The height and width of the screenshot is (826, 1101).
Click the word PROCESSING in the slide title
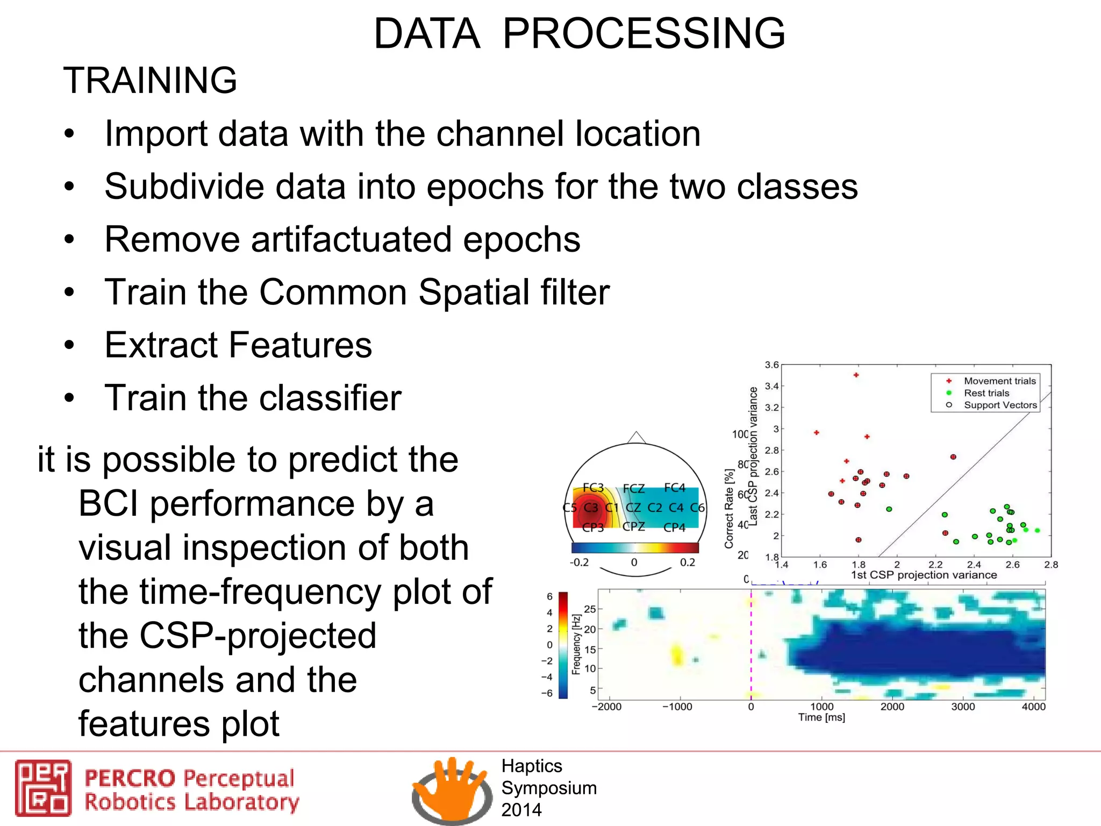[644, 34]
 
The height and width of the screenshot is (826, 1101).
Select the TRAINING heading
[150, 81]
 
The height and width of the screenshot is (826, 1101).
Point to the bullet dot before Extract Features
[69, 345]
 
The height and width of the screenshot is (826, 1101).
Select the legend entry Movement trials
[999, 381]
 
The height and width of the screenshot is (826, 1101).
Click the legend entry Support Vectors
[1000, 405]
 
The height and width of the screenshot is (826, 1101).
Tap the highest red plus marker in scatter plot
[856, 375]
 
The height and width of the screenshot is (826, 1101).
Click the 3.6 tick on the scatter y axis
[771, 365]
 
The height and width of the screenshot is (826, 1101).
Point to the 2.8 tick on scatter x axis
[1050, 565]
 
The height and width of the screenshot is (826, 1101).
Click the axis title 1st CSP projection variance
[924, 575]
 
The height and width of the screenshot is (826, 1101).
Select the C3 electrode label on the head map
[591, 508]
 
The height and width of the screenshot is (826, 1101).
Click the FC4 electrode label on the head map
[674, 488]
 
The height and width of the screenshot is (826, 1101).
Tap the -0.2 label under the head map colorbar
[579, 562]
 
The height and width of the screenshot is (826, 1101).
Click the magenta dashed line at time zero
[751, 645]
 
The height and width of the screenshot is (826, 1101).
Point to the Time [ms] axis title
[821, 717]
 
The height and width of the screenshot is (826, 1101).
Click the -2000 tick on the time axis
[606, 707]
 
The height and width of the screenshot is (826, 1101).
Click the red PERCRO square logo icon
[43, 788]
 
